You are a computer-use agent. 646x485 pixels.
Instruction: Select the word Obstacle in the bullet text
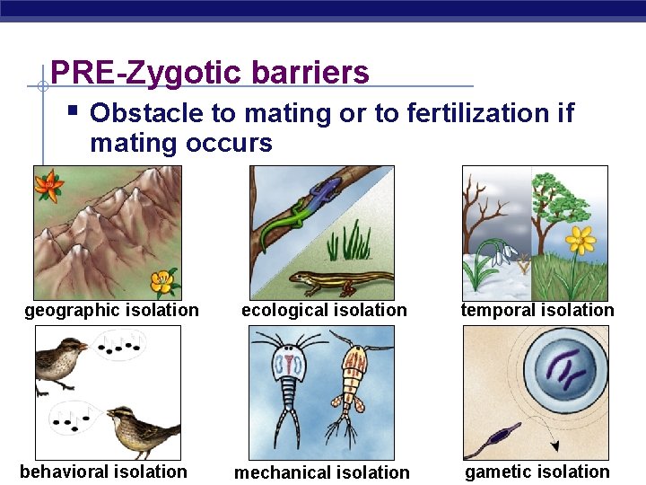(x=144, y=113)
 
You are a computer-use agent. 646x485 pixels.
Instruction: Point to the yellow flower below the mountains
(x=161, y=282)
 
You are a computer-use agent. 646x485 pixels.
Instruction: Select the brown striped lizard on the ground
(x=341, y=281)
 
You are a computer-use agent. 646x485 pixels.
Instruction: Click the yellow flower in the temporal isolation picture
(x=581, y=241)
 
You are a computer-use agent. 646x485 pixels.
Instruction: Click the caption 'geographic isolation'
(x=112, y=311)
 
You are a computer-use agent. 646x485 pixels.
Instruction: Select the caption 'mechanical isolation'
(x=321, y=472)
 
